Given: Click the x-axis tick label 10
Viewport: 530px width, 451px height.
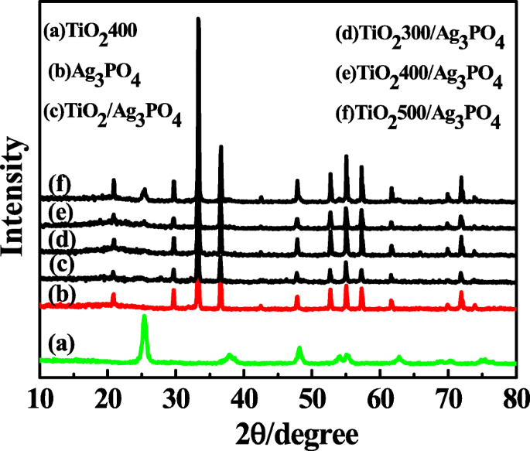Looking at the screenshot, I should pos(39,397).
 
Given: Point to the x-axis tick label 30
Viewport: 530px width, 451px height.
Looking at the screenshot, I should pos(176,397).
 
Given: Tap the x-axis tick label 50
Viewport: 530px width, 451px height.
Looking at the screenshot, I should pos(312,397).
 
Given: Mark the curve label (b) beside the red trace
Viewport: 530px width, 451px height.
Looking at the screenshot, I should pos(62,294).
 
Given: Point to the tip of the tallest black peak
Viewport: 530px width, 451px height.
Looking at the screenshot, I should pos(199,19).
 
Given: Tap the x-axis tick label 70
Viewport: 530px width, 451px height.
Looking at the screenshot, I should pos(447,397).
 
